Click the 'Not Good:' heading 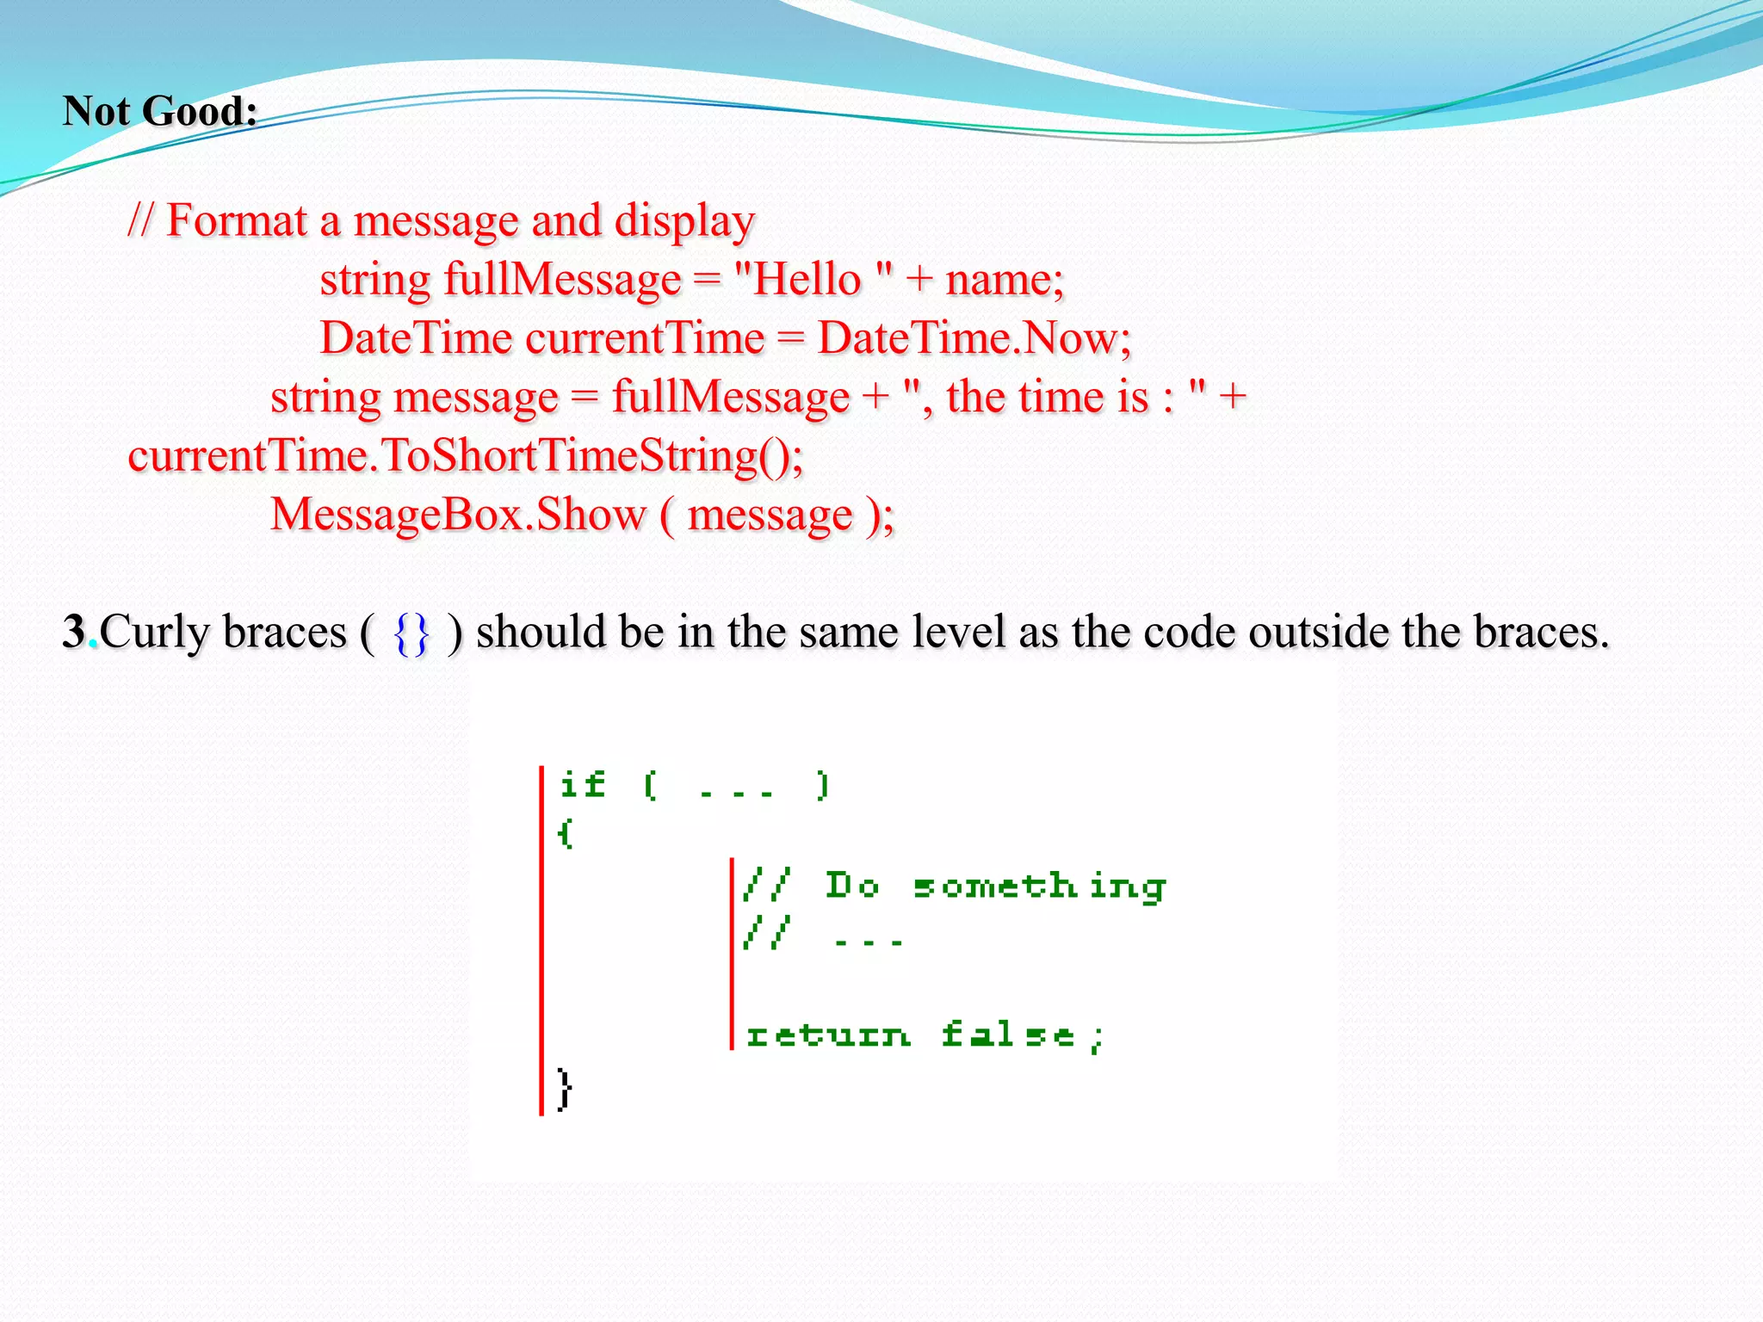(x=160, y=111)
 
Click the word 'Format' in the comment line (x=236, y=220)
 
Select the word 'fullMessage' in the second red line (x=562, y=280)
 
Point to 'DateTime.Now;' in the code (x=974, y=338)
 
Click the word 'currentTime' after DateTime (x=644, y=338)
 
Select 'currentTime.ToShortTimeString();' (x=465, y=456)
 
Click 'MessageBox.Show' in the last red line (x=458, y=515)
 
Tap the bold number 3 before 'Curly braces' (x=74, y=632)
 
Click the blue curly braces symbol (x=411, y=633)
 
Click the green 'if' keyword (x=582, y=784)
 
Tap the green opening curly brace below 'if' (x=565, y=833)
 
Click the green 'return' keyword (x=827, y=1035)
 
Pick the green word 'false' (x=1007, y=1035)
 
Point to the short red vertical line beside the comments (x=732, y=954)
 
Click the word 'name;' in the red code (x=1005, y=280)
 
